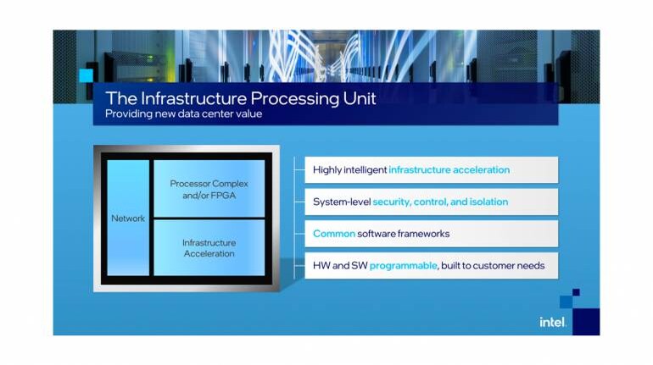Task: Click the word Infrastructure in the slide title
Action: [x=187, y=98]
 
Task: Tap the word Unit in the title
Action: [x=359, y=98]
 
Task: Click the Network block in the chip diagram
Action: [x=128, y=218]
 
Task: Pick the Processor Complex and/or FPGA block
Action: [x=209, y=188]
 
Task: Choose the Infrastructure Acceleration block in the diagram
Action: [x=209, y=247]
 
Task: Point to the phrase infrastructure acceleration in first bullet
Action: [x=449, y=170]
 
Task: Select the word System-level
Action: [x=342, y=202]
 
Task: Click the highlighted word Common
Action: [x=333, y=234]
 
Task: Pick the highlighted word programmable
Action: [x=403, y=266]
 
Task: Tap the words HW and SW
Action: [x=339, y=266]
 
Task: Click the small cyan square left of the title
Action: [x=86, y=75]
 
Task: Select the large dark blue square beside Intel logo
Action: [x=586, y=321]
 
